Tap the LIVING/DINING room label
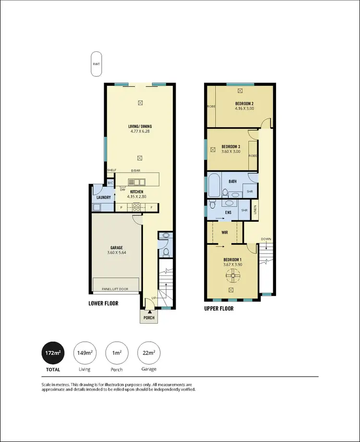[x=141, y=126]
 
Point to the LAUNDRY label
[x=104, y=197]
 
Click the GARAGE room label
[x=116, y=248]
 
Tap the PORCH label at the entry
[x=148, y=318]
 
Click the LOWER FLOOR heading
[x=103, y=303]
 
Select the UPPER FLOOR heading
[x=219, y=309]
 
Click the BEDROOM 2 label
[x=244, y=104]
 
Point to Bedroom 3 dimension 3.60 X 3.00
[x=230, y=152]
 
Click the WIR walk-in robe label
[x=224, y=233]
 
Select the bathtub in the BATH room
[x=214, y=186]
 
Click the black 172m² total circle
[x=53, y=353]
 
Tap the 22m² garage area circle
[x=148, y=353]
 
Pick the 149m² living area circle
[x=84, y=353]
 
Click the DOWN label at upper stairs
[x=266, y=239]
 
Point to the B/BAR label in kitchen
[x=136, y=171]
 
